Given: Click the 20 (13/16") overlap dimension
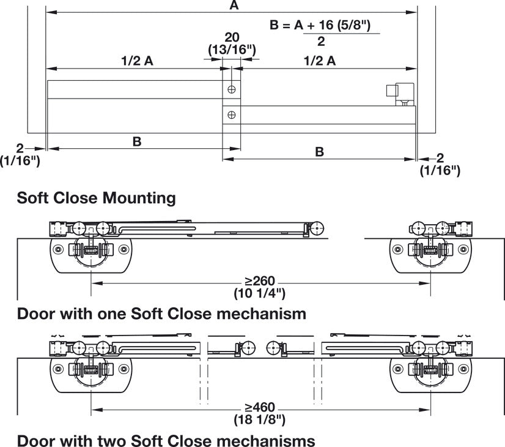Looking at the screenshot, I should (x=231, y=43).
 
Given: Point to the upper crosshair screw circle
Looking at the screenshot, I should (x=231, y=89).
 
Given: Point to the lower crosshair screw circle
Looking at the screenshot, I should (x=231, y=114).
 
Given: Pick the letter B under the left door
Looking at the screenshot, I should (x=137, y=141).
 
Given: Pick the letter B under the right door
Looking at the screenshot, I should (x=320, y=151).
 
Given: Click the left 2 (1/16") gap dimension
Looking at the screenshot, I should (x=21, y=154).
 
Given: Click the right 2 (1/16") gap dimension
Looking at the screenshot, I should (x=440, y=164).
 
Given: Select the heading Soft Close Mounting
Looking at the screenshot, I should (x=97, y=198).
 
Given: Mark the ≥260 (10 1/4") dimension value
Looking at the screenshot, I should (x=260, y=287).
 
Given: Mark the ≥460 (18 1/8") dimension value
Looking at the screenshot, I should (x=260, y=413).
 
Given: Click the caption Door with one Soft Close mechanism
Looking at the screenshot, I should (x=161, y=314).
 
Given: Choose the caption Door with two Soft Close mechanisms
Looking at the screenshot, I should (x=166, y=440).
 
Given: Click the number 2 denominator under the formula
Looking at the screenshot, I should (x=321, y=42).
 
